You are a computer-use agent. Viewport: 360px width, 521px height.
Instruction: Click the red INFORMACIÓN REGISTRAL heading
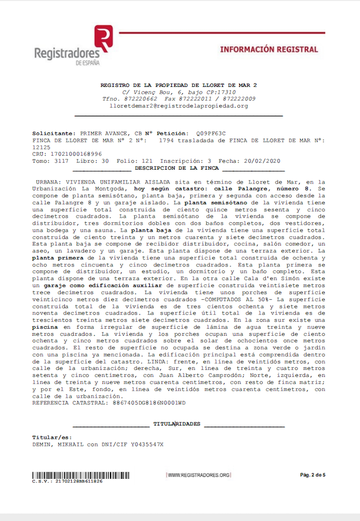[269, 50]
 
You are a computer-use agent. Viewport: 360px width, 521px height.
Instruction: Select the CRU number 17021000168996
[77, 154]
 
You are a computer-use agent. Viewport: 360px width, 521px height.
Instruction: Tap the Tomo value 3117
[60, 161]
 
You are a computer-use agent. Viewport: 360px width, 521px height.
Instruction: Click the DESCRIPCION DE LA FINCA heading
[177, 168]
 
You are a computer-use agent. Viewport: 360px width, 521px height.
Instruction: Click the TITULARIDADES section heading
[177, 424]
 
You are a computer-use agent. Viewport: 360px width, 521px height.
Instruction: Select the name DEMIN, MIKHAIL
[58, 445]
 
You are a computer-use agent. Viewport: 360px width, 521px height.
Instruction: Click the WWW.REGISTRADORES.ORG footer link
[199, 475]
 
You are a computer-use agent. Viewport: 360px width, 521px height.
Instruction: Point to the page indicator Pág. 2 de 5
[313, 475]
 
